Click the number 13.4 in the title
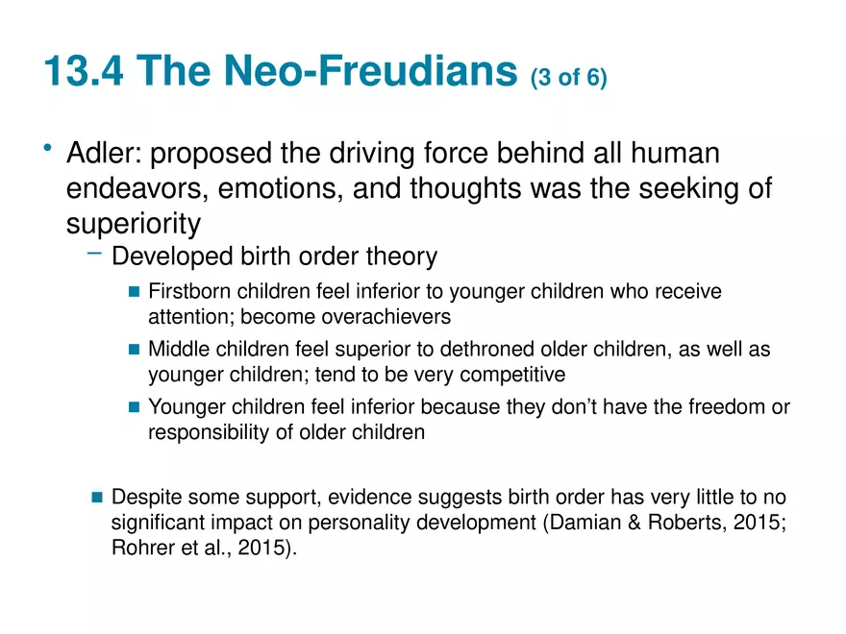[x=84, y=71]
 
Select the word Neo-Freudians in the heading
[x=371, y=71]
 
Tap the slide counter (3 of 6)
[x=569, y=77]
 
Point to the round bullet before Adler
[x=48, y=147]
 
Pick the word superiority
[x=134, y=223]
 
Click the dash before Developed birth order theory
[x=94, y=253]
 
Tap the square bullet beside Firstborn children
[x=135, y=292]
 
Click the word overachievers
[x=386, y=317]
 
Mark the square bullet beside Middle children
[x=135, y=350]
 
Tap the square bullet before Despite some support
[x=98, y=497]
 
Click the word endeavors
[x=137, y=188]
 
